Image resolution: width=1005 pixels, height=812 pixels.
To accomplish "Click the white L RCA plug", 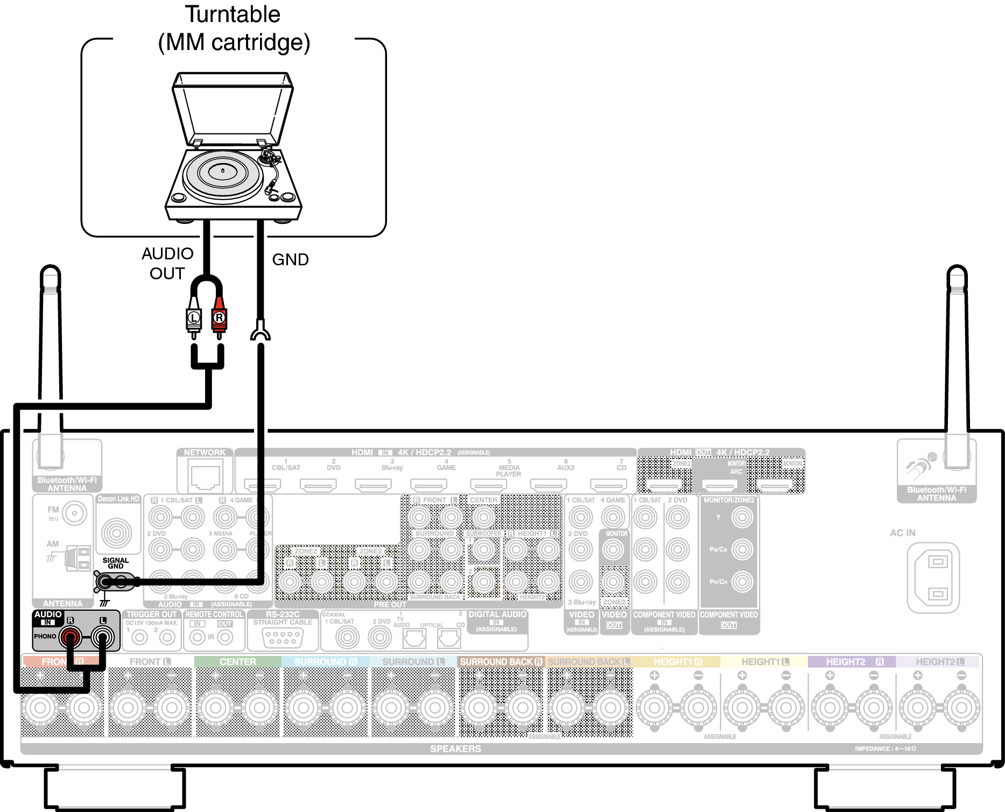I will [194, 318].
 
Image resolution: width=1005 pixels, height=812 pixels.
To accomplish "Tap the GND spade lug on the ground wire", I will [261, 331].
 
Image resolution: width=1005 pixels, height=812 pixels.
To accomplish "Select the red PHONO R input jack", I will [70, 638].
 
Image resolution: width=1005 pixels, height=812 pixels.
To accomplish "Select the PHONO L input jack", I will [103, 638].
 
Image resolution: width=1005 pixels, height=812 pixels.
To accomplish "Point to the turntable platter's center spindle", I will [223, 171].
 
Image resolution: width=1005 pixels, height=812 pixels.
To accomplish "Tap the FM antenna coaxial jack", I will [74, 513].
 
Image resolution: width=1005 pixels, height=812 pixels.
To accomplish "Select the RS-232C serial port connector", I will [283, 638].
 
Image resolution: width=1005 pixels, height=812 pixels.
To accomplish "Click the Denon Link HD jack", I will [116, 533].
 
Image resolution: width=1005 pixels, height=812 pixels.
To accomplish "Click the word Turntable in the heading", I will [233, 15].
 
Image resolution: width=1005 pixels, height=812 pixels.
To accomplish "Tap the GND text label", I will [290, 259].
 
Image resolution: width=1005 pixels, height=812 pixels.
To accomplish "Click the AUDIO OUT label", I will [167, 263].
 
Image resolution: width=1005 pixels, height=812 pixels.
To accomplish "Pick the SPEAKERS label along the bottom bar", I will [455, 749].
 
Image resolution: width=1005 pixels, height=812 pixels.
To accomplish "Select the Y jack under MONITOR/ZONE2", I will [742, 517].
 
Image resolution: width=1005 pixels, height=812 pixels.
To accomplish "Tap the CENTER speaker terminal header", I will [237, 661].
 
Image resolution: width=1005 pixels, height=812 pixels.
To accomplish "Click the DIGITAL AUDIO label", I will [497, 615].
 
